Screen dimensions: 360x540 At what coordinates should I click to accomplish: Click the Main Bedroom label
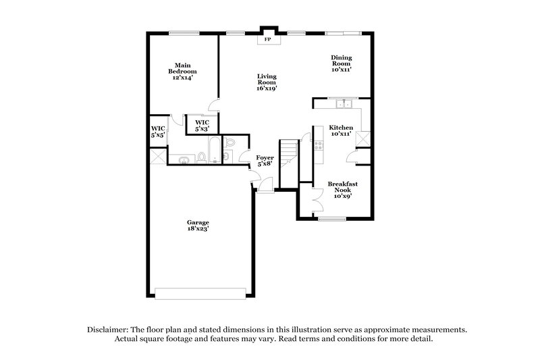click(x=182, y=72)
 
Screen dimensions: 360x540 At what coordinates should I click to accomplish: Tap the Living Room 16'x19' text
click(x=267, y=82)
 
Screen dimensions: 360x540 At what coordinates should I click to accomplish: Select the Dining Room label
click(x=341, y=63)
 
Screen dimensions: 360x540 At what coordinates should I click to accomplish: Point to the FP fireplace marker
click(x=267, y=40)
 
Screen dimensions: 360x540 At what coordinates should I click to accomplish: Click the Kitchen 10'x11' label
click(x=340, y=130)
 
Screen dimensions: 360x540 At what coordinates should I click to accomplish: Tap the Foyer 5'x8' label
click(x=265, y=160)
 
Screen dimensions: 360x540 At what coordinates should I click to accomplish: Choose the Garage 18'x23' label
click(x=198, y=226)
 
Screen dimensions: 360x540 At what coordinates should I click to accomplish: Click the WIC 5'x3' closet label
click(x=202, y=125)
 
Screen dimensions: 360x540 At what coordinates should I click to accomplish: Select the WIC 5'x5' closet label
click(x=158, y=132)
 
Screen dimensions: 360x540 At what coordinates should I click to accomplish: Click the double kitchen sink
click(x=345, y=103)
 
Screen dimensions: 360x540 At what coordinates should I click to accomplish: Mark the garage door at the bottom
click(x=200, y=293)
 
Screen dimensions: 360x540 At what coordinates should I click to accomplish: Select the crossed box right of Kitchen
click(x=364, y=138)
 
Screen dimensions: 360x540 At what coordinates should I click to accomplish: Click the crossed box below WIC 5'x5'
click(x=158, y=156)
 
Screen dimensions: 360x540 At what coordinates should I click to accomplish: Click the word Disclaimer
click(x=109, y=330)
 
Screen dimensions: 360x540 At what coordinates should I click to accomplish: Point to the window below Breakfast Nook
click(x=332, y=218)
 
